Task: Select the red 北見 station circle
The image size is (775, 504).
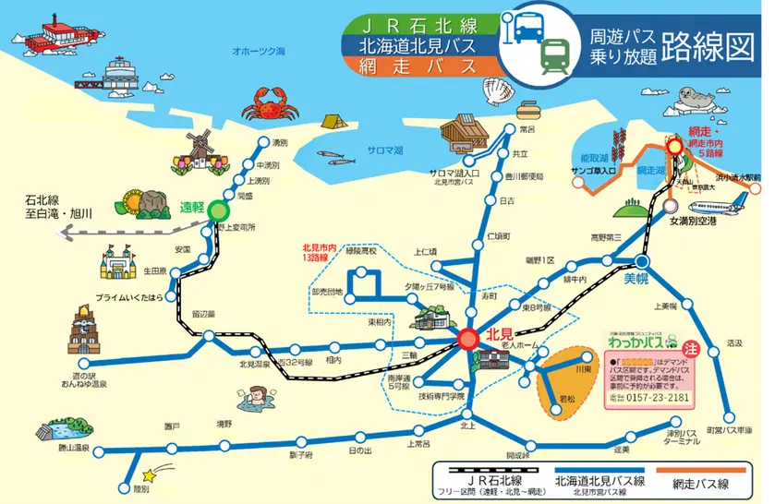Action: [x=468, y=340]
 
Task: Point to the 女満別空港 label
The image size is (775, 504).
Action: [x=692, y=222]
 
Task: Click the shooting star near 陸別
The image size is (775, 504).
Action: [x=171, y=474]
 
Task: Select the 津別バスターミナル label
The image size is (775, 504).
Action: [x=683, y=438]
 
